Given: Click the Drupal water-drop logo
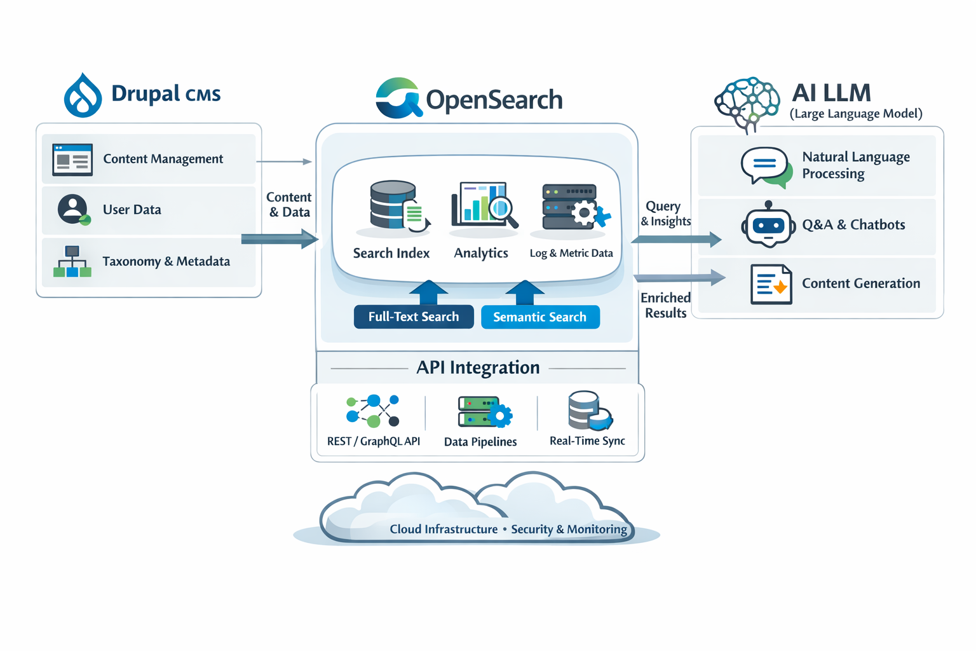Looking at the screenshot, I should click(x=83, y=96).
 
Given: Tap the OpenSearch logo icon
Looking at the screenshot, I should click(x=398, y=99).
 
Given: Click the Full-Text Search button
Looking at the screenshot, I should click(x=414, y=317).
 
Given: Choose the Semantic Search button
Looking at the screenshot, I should click(x=540, y=317).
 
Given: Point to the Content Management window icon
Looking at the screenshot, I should click(x=72, y=160).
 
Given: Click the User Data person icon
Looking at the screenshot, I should click(x=74, y=210).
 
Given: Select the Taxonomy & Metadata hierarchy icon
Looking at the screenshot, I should click(x=72, y=261).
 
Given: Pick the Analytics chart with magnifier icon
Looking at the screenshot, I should click(x=484, y=205).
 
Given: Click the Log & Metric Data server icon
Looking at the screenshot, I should click(x=574, y=207).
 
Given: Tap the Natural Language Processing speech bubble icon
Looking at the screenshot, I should click(x=766, y=167).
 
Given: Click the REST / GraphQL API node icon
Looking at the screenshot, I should click(x=373, y=411).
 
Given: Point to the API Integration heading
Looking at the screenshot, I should click(x=478, y=367).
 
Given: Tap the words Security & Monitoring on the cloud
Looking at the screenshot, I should click(x=569, y=529).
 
